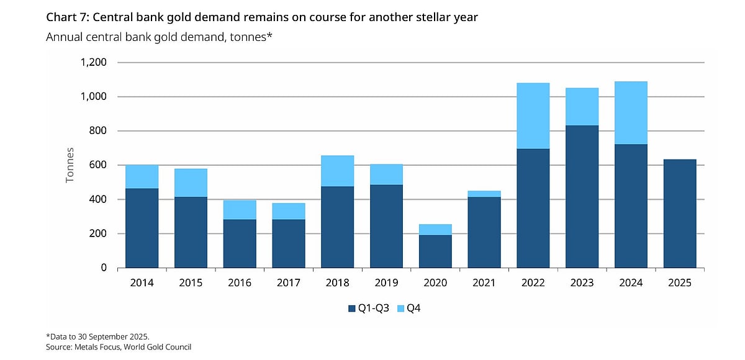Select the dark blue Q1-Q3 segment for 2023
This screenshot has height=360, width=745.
(x=582, y=196)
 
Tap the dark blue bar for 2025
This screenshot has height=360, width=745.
(x=680, y=214)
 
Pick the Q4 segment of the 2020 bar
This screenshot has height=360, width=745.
(x=435, y=230)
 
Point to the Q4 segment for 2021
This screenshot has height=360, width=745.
(x=484, y=194)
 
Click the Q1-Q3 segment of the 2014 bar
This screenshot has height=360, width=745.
(x=142, y=228)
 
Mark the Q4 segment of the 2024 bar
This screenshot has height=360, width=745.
(x=631, y=112)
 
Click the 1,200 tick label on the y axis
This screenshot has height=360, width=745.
(x=93, y=63)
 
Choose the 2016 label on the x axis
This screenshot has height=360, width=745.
(x=240, y=283)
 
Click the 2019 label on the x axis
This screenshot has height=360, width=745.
(x=386, y=283)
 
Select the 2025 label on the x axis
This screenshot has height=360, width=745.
(x=680, y=283)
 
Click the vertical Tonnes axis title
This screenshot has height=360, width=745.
(x=70, y=165)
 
